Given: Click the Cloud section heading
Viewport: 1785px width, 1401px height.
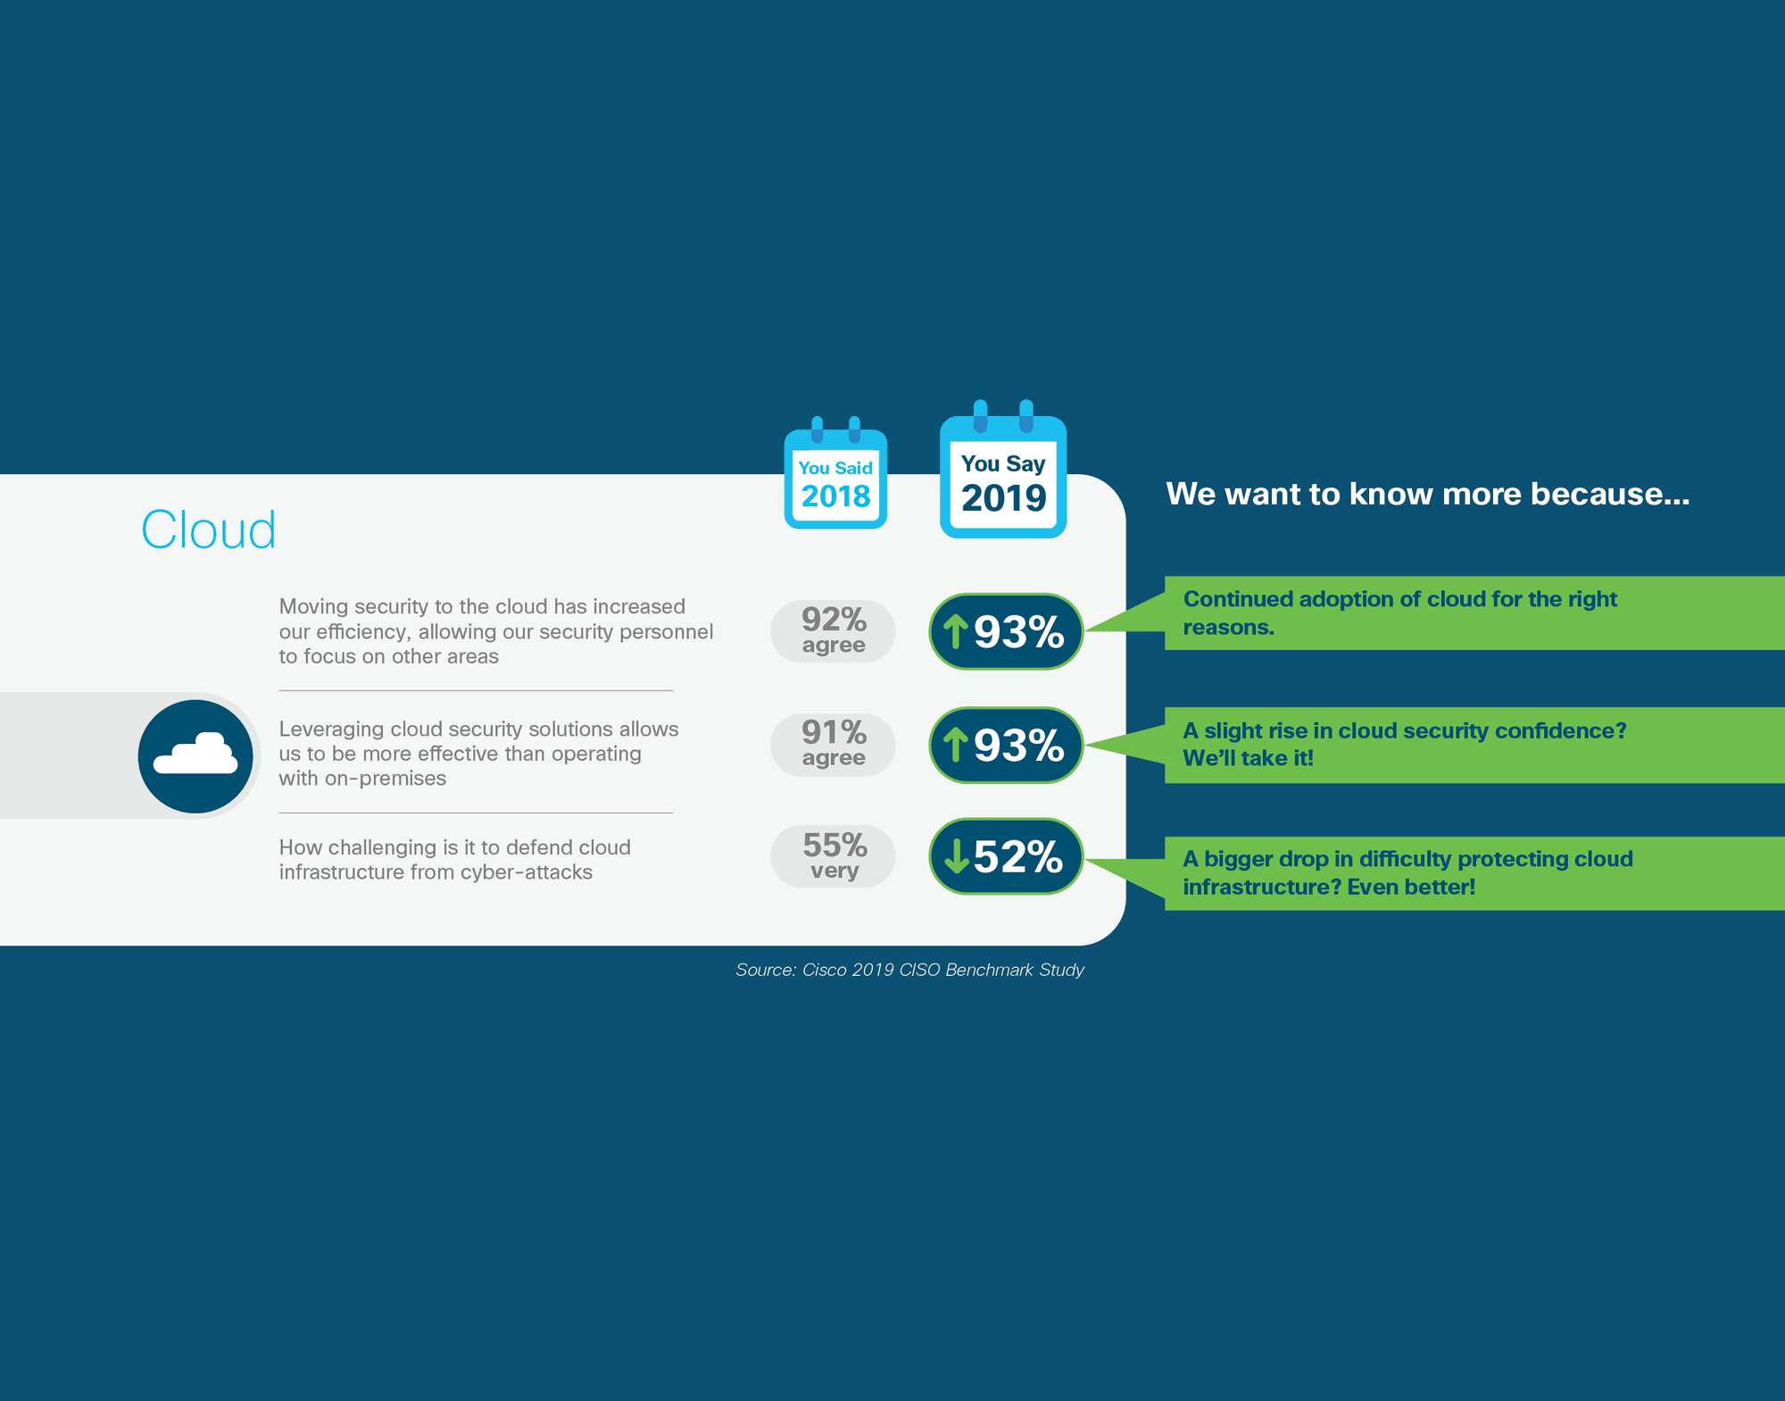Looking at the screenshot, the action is (208, 530).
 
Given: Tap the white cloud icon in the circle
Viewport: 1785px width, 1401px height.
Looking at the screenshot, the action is (196, 754).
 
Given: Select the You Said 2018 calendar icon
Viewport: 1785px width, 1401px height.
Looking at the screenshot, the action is (835, 473).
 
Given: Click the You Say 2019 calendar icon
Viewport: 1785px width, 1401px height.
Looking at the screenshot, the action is (1003, 470).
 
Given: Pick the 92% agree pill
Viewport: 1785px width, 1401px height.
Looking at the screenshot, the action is (833, 631).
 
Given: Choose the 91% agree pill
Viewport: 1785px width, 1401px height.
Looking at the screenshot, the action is (833, 745).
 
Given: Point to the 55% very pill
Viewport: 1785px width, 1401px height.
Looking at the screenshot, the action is (833, 856).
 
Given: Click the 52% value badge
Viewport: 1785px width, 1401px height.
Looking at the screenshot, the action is (1006, 856).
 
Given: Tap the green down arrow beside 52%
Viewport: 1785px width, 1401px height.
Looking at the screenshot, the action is (956, 856).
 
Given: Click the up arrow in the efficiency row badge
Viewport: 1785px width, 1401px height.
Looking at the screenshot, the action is (956, 631).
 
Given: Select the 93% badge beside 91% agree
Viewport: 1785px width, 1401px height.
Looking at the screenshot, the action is (1006, 745).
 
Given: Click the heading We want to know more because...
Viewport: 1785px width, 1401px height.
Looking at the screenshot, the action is (1427, 494).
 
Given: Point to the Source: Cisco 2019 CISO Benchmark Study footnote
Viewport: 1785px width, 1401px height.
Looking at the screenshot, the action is (909, 970).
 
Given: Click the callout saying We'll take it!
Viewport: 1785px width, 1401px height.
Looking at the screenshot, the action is (1474, 745).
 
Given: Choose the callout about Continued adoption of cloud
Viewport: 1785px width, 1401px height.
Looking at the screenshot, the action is (1474, 613).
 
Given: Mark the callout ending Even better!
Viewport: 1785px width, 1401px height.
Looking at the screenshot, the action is (1474, 873).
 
